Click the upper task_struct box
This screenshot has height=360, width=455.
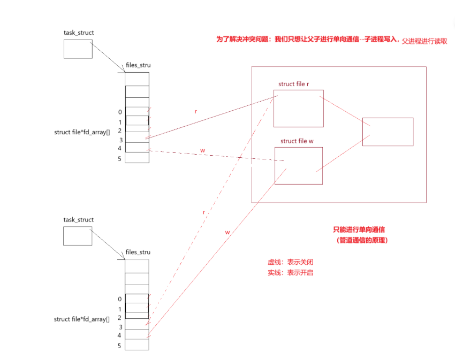[x=78, y=49]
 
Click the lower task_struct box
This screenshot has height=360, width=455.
[x=78, y=236]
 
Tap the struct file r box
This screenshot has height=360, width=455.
[x=298, y=108]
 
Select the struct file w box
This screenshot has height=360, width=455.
[x=298, y=166]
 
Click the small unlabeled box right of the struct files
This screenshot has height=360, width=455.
[x=388, y=132]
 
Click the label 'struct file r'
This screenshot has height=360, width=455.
[x=294, y=84]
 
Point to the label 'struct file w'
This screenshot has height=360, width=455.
[x=296, y=141]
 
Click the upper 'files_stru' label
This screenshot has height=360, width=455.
[x=138, y=65]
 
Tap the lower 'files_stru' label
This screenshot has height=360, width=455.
[x=138, y=252]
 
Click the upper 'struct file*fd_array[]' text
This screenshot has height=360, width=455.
[x=82, y=132]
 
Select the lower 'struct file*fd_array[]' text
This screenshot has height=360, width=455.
[x=82, y=319]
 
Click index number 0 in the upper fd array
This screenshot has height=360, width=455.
[x=120, y=112]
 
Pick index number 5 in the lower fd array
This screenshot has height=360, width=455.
[x=120, y=346]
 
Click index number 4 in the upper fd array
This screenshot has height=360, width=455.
[x=120, y=148]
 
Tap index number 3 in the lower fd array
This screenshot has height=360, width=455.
[x=120, y=327]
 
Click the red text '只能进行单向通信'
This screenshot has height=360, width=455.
[x=359, y=229]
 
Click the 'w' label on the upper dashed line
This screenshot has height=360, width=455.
[x=202, y=151]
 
